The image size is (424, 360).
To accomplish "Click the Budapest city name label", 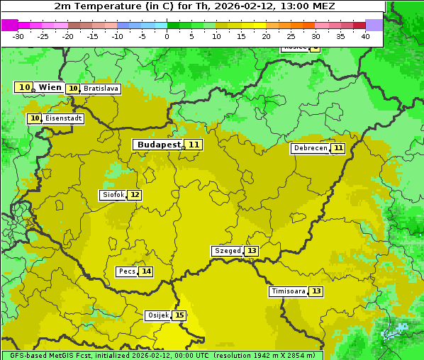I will [159, 145].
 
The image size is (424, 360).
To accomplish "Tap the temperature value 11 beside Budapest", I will [194, 145].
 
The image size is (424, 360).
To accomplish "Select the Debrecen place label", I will [311, 148].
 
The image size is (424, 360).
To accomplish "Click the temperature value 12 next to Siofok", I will [134, 195].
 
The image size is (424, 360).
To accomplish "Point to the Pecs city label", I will [127, 271].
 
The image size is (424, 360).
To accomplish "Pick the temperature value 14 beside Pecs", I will [145, 271].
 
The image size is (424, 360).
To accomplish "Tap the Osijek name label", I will [157, 315].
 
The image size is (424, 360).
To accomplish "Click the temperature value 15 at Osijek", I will [179, 315].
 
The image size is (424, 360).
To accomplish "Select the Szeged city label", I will [228, 251].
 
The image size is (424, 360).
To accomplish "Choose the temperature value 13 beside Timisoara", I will [316, 291].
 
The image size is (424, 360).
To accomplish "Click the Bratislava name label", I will [100, 89].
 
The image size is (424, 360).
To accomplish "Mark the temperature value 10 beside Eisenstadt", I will [35, 118].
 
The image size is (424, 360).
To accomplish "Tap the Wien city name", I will [50, 87].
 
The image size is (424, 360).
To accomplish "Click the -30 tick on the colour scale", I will [18, 36].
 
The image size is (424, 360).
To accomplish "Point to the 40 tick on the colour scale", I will [365, 36].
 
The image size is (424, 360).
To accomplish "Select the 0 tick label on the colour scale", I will [167, 36].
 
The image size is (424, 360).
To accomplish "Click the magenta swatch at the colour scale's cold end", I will [9, 25].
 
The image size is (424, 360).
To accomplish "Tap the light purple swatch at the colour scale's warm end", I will [374, 25].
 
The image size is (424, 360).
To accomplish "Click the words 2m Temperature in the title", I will [94, 6].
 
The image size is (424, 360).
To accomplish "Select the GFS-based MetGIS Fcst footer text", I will [50, 355].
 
